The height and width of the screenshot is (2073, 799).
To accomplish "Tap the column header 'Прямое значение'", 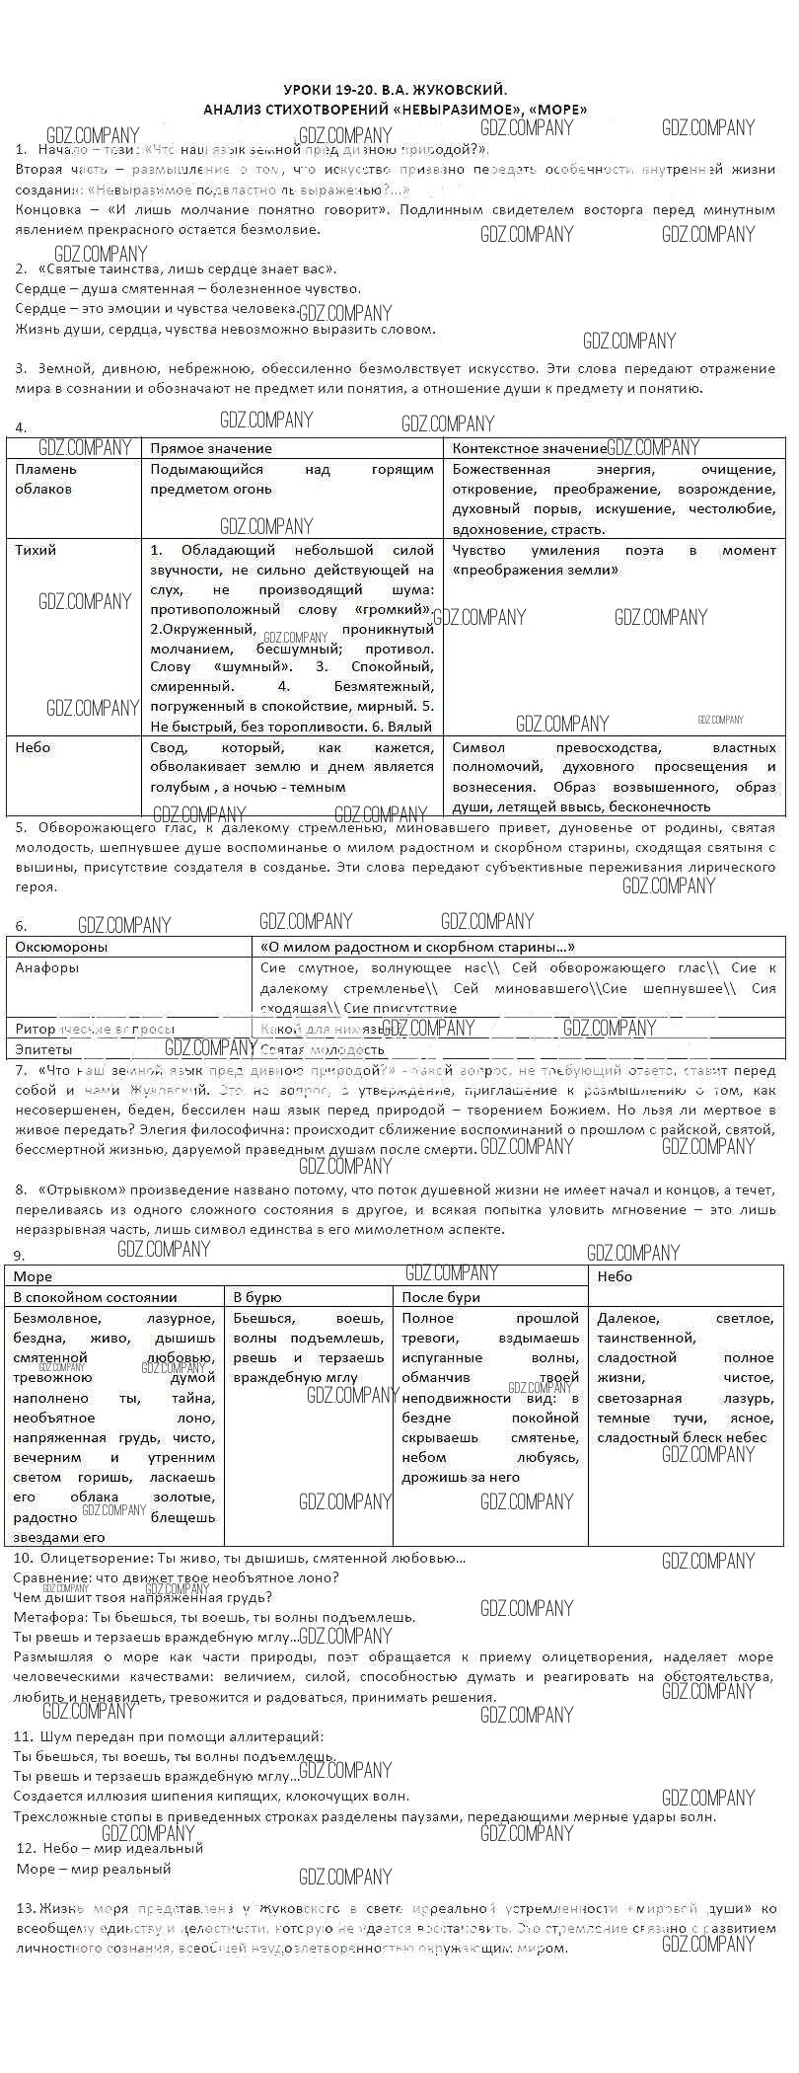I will (210, 449).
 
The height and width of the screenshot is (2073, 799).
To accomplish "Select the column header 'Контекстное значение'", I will (529, 449).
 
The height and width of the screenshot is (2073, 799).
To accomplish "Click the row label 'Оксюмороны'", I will (61, 947).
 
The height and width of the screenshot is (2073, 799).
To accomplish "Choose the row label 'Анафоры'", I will (47, 967).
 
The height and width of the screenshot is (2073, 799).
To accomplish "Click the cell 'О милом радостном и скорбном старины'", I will (417, 947).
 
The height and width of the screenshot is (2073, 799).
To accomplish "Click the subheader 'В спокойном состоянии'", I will (95, 1297).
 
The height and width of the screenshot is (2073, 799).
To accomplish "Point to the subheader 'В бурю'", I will (254, 1297).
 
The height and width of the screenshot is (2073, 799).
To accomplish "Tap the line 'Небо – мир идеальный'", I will (109, 1848).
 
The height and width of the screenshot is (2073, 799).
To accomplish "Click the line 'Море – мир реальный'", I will (94, 1869).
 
